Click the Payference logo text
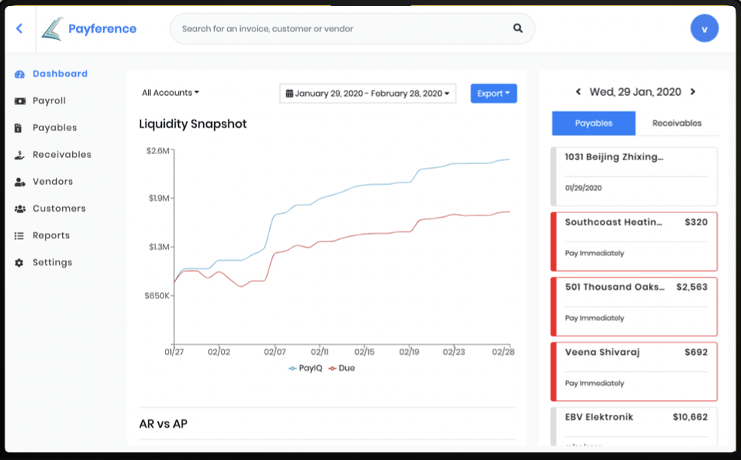click(x=102, y=29)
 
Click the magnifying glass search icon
click(x=518, y=28)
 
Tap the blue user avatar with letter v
click(x=704, y=29)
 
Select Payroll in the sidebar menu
click(x=49, y=100)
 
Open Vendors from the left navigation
click(x=52, y=182)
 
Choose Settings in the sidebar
click(x=52, y=262)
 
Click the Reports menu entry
click(x=51, y=235)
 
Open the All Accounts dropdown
click(x=170, y=93)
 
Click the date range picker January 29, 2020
click(x=367, y=94)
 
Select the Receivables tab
click(x=677, y=123)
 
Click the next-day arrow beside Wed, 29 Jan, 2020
click(x=693, y=92)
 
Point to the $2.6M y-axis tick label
click(x=157, y=150)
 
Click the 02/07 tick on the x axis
click(x=275, y=352)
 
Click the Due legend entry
click(x=342, y=368)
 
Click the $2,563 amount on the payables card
click(x=691, y=287)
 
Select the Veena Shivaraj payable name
click(x=602, y=352)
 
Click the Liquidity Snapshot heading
click(x=193, y=124)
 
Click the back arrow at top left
click(x=19, y=28)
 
